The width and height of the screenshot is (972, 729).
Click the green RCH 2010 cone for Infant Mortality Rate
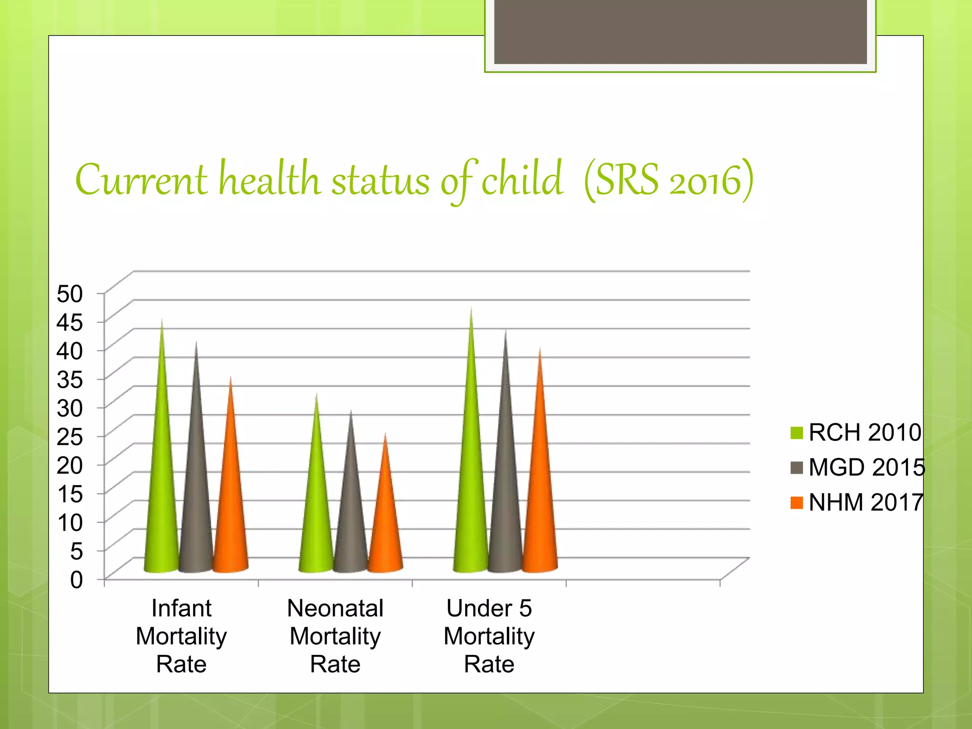162,498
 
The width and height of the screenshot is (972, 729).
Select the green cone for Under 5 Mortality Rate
470,494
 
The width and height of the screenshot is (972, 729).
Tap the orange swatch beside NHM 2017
797,503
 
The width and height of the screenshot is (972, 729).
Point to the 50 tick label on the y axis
70,294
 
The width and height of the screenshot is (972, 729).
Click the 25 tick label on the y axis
70,437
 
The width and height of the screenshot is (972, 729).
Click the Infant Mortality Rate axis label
181,636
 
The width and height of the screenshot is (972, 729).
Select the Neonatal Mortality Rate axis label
335,636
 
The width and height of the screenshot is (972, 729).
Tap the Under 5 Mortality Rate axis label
489,636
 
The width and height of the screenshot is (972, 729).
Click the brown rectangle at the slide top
680,31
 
